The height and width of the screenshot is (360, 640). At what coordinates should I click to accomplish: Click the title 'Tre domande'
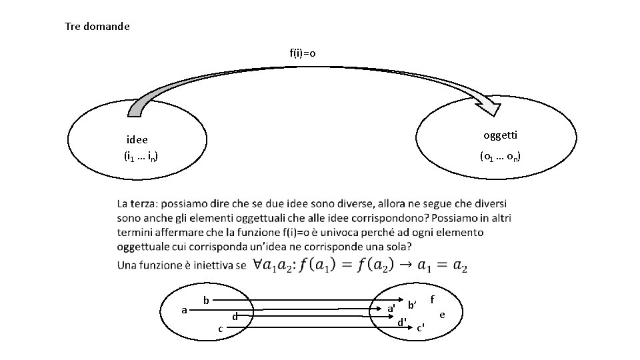[x=97, y=27]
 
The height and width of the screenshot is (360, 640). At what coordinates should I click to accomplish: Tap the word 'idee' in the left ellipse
[x=137, y=140]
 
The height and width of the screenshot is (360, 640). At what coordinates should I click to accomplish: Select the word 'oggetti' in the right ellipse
[x=500, y=135]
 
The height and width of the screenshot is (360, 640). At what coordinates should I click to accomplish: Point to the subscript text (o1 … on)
[x=500, y=157]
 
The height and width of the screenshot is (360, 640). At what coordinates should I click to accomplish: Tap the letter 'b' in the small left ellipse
[x=207, y=301]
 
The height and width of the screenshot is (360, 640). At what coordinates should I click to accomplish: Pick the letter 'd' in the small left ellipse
[x=235, y=317]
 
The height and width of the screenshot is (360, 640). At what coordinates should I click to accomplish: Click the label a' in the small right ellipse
[x=391, y=309]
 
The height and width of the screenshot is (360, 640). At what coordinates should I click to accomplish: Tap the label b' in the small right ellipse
[x=412, y=305]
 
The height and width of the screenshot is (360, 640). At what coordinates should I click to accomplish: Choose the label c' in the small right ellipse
[x=421, y=327]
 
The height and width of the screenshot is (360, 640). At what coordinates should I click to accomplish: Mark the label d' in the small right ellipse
[x=402, y=322]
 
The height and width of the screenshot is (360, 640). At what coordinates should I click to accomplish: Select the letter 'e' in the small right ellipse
[x=442, y=313]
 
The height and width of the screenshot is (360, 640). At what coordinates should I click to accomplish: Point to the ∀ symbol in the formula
[x=259, y=265]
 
